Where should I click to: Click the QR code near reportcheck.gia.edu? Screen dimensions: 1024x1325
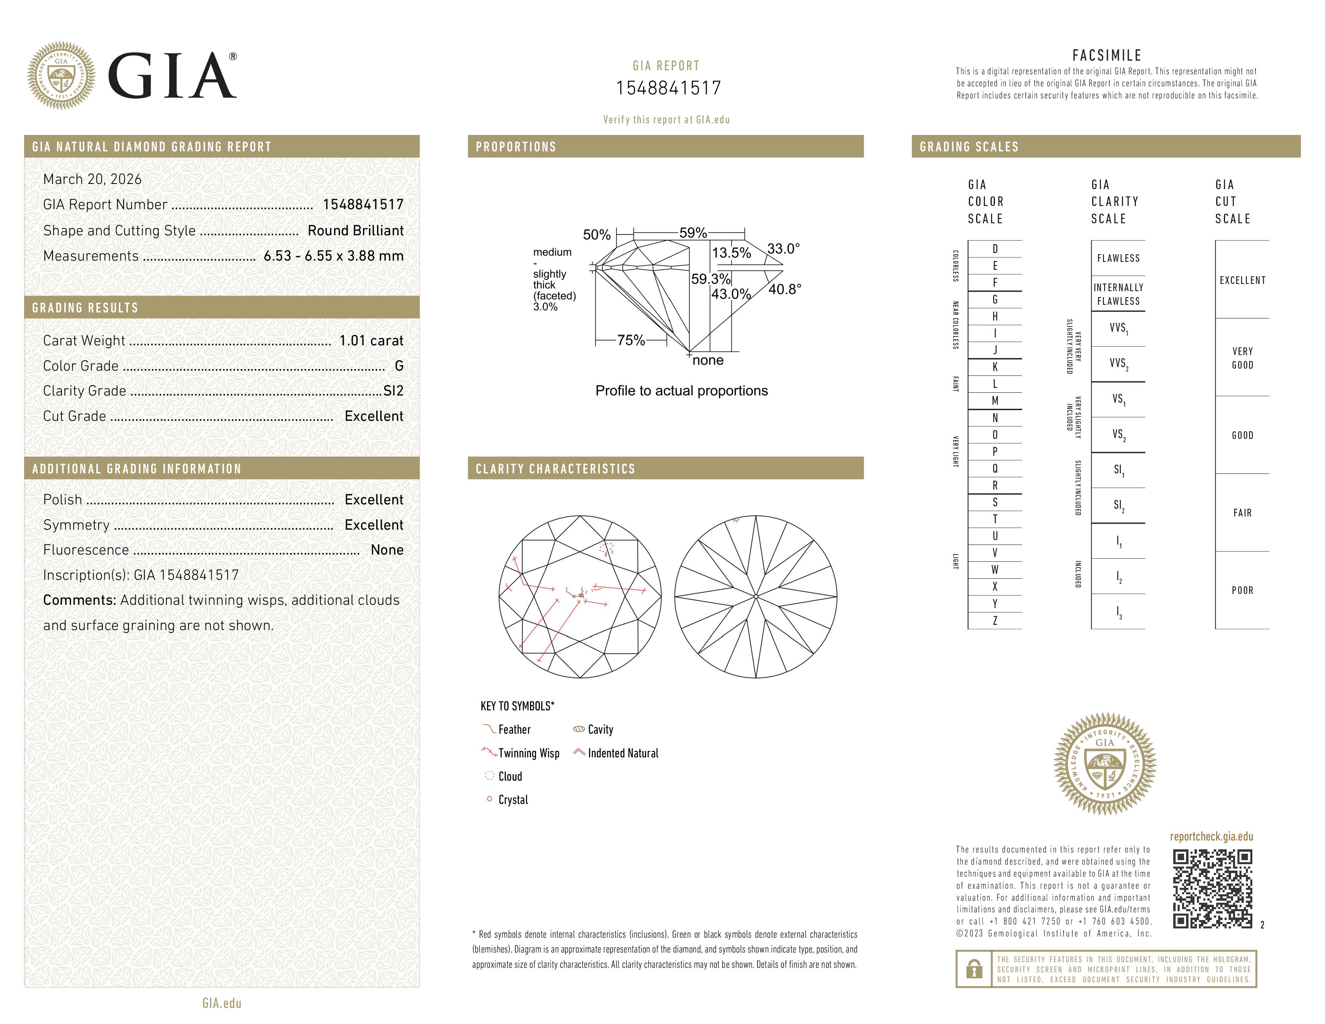1212,889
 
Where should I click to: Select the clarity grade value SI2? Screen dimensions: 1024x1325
393,391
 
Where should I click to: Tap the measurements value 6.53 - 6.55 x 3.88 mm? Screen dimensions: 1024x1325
334,256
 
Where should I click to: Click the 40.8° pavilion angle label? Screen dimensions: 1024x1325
785,290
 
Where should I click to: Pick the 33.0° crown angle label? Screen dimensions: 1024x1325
783,249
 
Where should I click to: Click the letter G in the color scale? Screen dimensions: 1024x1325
995,300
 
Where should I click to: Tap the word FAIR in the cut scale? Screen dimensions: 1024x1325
1242,513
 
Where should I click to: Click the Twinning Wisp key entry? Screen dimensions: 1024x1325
528,753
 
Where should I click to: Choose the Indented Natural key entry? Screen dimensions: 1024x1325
622,753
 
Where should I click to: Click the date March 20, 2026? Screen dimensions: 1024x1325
92,180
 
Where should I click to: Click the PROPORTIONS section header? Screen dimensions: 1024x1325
516,147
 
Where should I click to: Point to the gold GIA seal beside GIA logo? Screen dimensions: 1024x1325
61,76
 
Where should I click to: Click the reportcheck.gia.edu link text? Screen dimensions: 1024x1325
1211,836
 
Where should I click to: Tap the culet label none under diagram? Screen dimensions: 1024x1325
708,360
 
